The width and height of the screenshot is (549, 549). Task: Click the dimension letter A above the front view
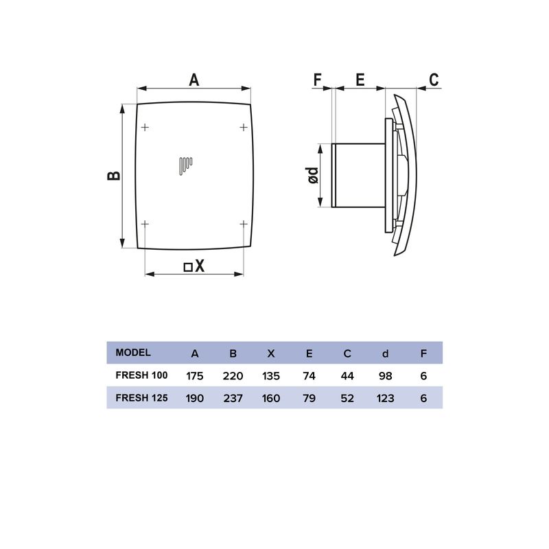click(x=194, y=80)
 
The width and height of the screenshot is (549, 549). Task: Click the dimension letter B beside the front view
click(x=113, y=176)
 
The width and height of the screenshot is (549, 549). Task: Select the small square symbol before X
click(x=188, y=267)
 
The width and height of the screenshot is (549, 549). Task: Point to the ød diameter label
click(x=313, y=175)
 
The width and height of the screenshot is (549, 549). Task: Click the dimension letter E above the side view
click(x=360, y=80)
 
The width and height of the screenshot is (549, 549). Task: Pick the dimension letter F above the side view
click(x=317, y=80)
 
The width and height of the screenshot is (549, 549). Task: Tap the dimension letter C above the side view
click(x=434, y=80)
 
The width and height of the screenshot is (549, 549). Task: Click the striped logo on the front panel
click(x=185, y=166)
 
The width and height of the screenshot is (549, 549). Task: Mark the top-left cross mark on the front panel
click(x=145, y=127)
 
